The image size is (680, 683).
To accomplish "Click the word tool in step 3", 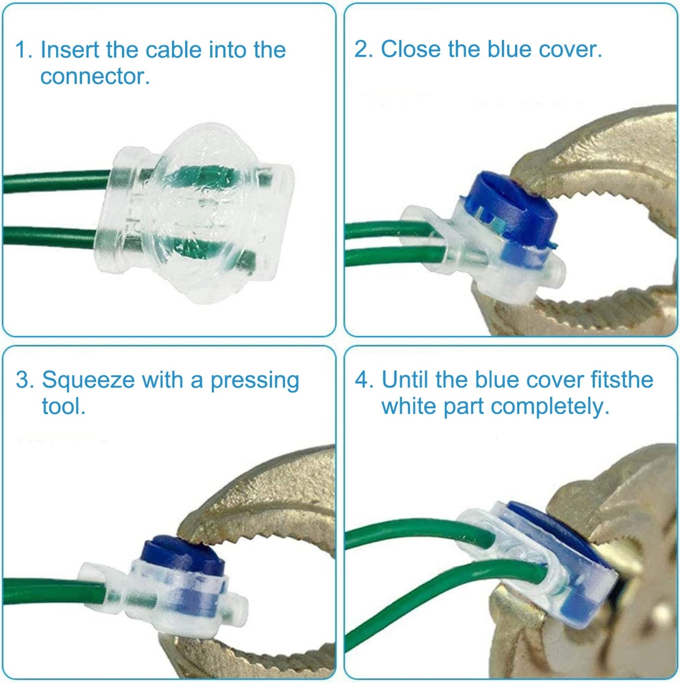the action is (x=63, y=406).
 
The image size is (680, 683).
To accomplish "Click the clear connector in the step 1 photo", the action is (x=194, y=213).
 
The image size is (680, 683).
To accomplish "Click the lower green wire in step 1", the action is (x=50, y=237).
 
